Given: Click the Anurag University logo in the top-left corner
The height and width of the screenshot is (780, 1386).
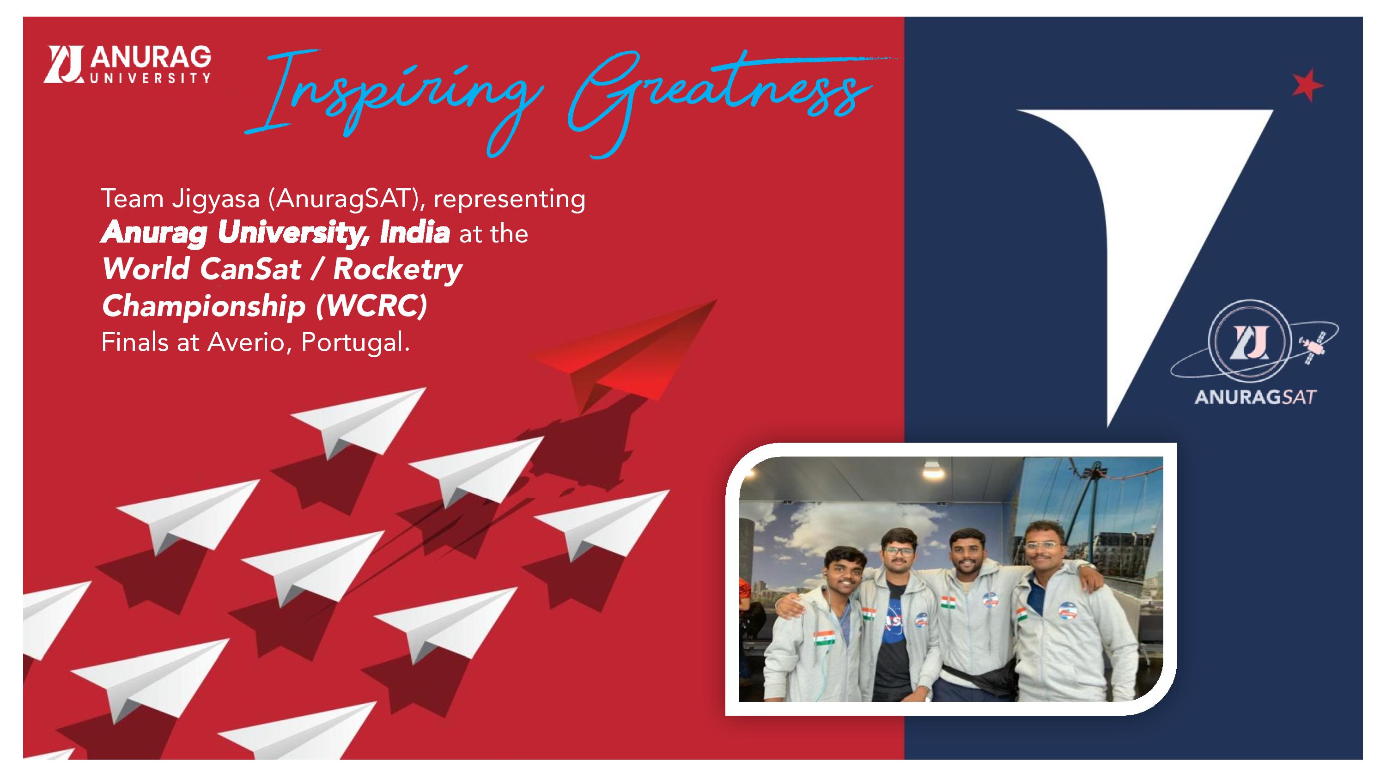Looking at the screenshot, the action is (x=128, y=65).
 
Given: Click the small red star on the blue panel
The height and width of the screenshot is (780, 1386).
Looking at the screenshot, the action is (x=1307, y=85).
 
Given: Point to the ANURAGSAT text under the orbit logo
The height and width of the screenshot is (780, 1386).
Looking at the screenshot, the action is (x=1255, y=397).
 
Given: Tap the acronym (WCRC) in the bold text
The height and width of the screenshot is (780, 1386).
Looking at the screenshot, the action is (x=372, y=305).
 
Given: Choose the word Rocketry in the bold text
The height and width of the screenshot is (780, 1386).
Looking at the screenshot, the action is (x=398, y=268).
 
